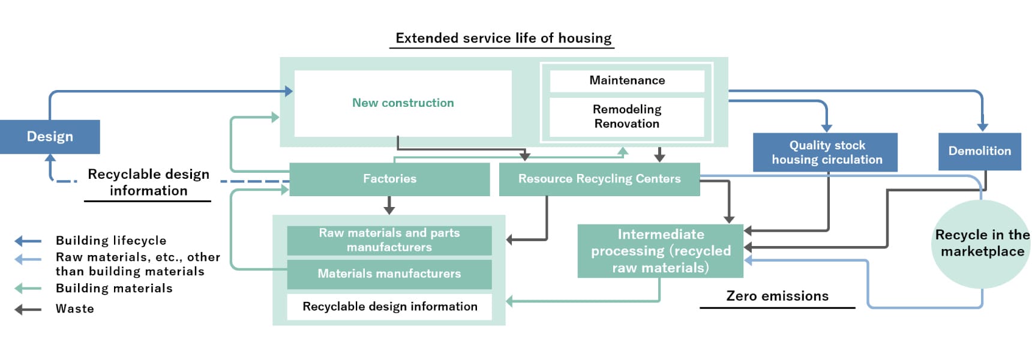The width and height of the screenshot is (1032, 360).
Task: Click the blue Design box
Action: coord(50,137)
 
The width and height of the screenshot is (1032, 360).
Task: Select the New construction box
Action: coord(403,103)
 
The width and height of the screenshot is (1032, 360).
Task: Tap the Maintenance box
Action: coord(627,80)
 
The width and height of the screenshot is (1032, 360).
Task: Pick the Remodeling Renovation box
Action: coord(627,116)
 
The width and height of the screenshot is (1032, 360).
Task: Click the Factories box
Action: coord(389,179)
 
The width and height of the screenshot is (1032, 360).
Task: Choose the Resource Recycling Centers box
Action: coord(599,179)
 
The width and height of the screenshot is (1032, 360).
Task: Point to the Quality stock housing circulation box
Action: coord(826,152)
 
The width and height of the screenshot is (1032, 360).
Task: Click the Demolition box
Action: coord(979,151)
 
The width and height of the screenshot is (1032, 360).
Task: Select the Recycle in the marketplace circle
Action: coord(982,244)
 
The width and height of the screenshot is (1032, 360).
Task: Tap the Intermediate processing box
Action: coord(660,251)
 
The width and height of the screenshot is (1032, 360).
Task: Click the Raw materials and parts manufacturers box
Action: coord(389,240)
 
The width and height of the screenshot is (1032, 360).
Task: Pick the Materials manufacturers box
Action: coord(389,274)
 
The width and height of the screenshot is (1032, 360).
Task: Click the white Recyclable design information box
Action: coord(389,307)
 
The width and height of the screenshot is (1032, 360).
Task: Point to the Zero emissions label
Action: coord(777,296)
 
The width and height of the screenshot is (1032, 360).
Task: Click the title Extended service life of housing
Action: coord(503,38)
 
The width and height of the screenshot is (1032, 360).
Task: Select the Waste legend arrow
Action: coord(28,310)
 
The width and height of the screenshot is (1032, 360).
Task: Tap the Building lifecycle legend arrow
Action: coord(28,241)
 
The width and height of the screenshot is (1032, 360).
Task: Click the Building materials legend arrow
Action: coord(28,289)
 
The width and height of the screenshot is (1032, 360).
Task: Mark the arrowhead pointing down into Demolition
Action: coord(982,127)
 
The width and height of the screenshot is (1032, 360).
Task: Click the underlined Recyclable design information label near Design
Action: coord(148,182)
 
